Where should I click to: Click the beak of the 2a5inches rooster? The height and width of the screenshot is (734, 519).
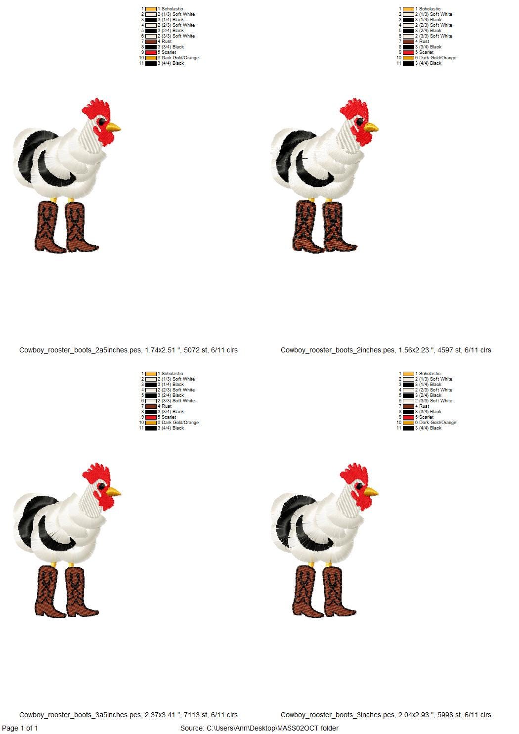[114, 128]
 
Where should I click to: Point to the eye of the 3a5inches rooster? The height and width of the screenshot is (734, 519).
[101, 486]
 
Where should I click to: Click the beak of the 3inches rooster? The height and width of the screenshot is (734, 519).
[372, 492]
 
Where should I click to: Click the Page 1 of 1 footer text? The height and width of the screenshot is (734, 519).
[20, 728]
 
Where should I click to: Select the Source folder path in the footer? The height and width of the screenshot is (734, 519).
[259, 728]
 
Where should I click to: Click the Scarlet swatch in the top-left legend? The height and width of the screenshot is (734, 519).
[151, 52]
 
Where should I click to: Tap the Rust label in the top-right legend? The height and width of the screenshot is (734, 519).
[424, 42]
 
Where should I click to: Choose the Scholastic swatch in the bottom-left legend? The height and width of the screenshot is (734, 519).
[151, 374]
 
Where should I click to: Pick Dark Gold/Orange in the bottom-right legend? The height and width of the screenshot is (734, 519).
[437, 423]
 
